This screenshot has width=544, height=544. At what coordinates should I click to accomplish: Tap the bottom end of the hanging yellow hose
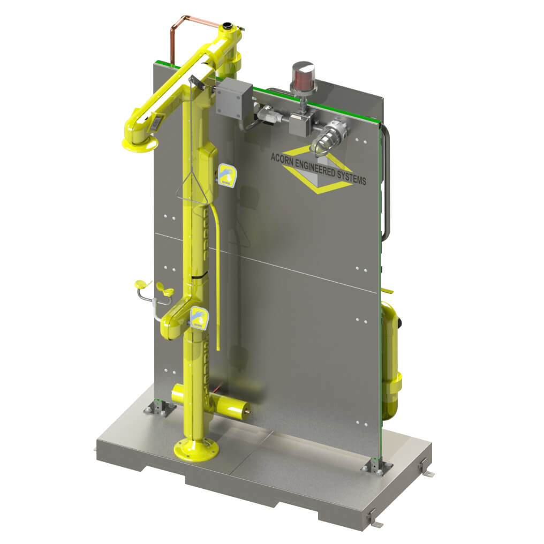tap(218, 347)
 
